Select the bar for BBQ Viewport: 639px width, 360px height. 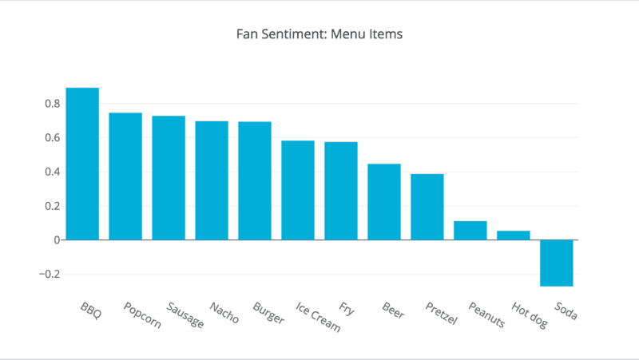point(82,164)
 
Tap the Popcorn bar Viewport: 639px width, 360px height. point(125,176)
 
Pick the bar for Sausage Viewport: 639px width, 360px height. point(169,178)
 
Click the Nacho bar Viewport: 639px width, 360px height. point(212,180)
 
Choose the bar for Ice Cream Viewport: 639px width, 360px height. point(298,190)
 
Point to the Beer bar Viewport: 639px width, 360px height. point(384,202)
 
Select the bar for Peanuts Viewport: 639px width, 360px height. point(470,230)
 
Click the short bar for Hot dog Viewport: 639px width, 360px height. point(514,235)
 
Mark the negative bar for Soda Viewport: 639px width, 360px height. point(557,263)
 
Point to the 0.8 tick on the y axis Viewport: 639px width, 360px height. point(53,104)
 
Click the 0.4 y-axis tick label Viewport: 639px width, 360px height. point(53,172)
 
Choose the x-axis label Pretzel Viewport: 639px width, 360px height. point(441,314)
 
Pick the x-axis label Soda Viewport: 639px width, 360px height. point(565,310)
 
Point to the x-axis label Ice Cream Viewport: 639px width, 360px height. point(317,318)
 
